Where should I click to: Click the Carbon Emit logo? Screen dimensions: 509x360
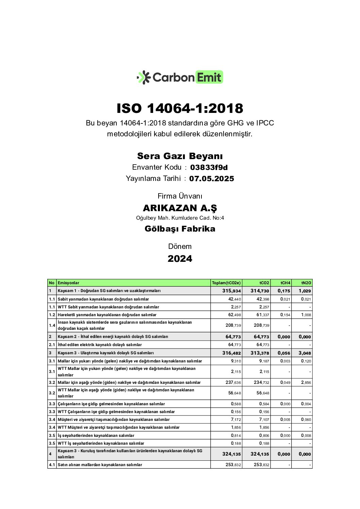[x=180, y=78]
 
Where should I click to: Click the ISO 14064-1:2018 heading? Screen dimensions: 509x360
[x=180, y=108]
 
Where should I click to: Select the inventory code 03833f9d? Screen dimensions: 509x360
[x=209, y=167]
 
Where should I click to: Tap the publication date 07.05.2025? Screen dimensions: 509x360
[x=212, y=179]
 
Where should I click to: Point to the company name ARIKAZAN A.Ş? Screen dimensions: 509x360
[x=180, y=208]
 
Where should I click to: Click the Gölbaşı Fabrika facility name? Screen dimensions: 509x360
[x=180, y=228]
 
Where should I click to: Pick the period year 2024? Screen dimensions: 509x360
[x=180, y=259]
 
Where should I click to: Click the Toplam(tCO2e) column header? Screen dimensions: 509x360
[x=226, y=283]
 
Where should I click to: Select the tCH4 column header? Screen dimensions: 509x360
[x=285, y=283]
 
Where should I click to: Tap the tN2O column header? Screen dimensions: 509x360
[x=306, y=283]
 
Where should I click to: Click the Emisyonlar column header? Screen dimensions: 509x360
[x=68, y=283]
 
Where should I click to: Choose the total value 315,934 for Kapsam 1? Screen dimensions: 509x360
[x=231, y=291]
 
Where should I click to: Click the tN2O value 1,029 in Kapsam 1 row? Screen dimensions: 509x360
[x=305, y=291]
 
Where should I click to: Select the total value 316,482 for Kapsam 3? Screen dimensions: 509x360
[x=231, y=353]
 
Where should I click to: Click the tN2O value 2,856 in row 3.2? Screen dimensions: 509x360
[x=305, y=383]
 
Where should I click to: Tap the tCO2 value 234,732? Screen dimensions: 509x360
[x=261, y=383]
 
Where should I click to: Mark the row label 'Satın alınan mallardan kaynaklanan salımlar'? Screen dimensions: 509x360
[x=100, y=465]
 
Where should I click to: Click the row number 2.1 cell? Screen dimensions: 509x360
[x=52, y=345]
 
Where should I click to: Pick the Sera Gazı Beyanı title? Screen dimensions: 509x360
[x=180, y=156]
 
